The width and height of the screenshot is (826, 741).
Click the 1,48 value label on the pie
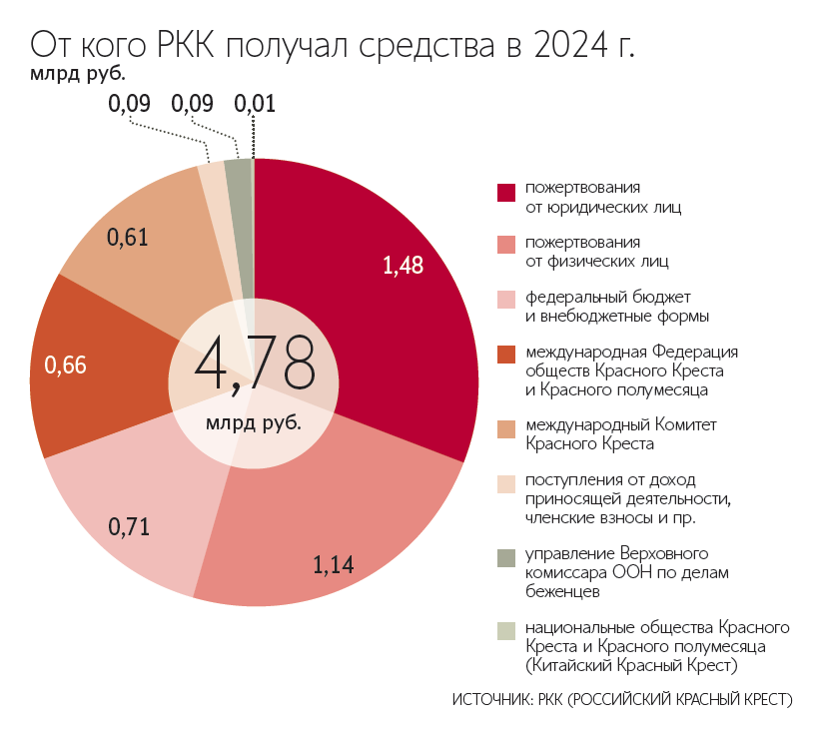pyautogui.click(x=404, y=265)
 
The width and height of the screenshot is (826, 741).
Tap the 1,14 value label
pyautogui.click(x=334, y=566)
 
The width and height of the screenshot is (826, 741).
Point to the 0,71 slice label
pyautogui.click(x=128, y=526)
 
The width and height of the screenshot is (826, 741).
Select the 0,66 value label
pyautogui.click(x=65, y=366)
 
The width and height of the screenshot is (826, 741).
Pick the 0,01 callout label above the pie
pyautogui.click(x=254, y=103)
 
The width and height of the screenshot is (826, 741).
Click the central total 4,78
pyautogui.click(x=255, y=366)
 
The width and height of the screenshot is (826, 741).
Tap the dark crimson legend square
pyautogui.click(x=505, y=192)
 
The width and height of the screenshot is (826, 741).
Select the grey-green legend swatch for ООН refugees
pyautogui.click(x=505, y=557)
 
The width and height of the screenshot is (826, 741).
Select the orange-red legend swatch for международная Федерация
pyautogui.click(x=505, y=356)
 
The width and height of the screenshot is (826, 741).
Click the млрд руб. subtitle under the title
pyautogui.click(x=69, y=72)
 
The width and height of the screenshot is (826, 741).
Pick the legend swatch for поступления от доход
pyautogui.click(x=505, y=483)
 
